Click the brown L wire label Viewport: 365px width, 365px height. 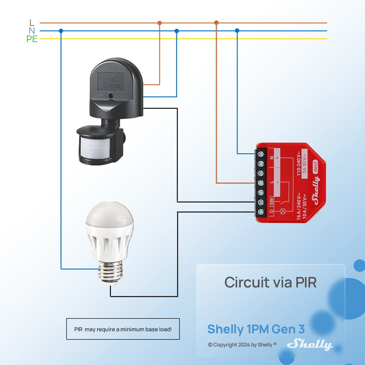click(x=32, y=23)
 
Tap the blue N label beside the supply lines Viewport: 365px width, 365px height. click(x=32, y=31)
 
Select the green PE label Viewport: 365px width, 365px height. click(x=32, y=39)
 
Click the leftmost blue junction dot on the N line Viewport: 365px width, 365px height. click(x=61, y=31)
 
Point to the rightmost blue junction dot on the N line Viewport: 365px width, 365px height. click(x=237, y=31)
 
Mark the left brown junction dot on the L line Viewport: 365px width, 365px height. click(x=159, y=23)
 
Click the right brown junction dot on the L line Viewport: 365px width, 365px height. click(x=216, y=23)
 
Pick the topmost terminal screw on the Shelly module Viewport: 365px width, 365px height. click(x=261, y=154)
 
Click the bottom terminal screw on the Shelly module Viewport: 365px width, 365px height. click(x=261, y=212)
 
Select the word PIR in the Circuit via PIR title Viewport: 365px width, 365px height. click(x=306, y=283)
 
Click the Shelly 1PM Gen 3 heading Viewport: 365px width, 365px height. click(x=256, y=329)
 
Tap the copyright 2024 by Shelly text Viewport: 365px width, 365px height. click(x=242, y=345)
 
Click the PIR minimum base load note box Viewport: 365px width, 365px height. click(x=123, y=329)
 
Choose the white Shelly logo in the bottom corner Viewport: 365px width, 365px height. click(x=310, y=344)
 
